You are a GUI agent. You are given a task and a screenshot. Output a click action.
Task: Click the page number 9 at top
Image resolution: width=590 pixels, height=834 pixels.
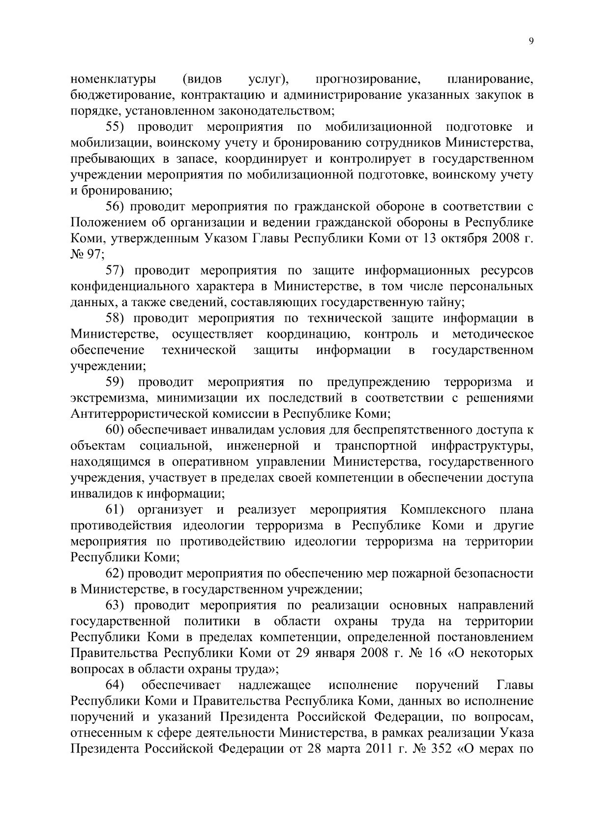(531, 42)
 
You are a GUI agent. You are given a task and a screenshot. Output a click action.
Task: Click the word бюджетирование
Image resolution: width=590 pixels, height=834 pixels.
(116, 95)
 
